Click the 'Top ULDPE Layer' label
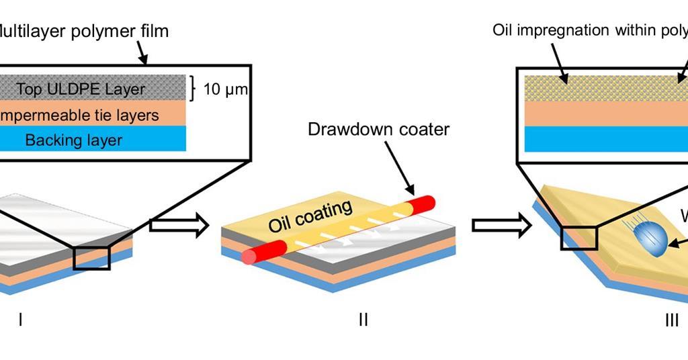point(81,89)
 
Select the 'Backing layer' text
point(74,140)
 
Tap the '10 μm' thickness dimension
point(225,89)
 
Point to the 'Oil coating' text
point(310,216)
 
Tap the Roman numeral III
point(671,320)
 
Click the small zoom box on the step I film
point(91,258)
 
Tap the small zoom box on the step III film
point(580,238)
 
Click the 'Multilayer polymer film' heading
point(84,31)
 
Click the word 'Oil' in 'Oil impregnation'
point(505,30)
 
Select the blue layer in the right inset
point(605,140)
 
